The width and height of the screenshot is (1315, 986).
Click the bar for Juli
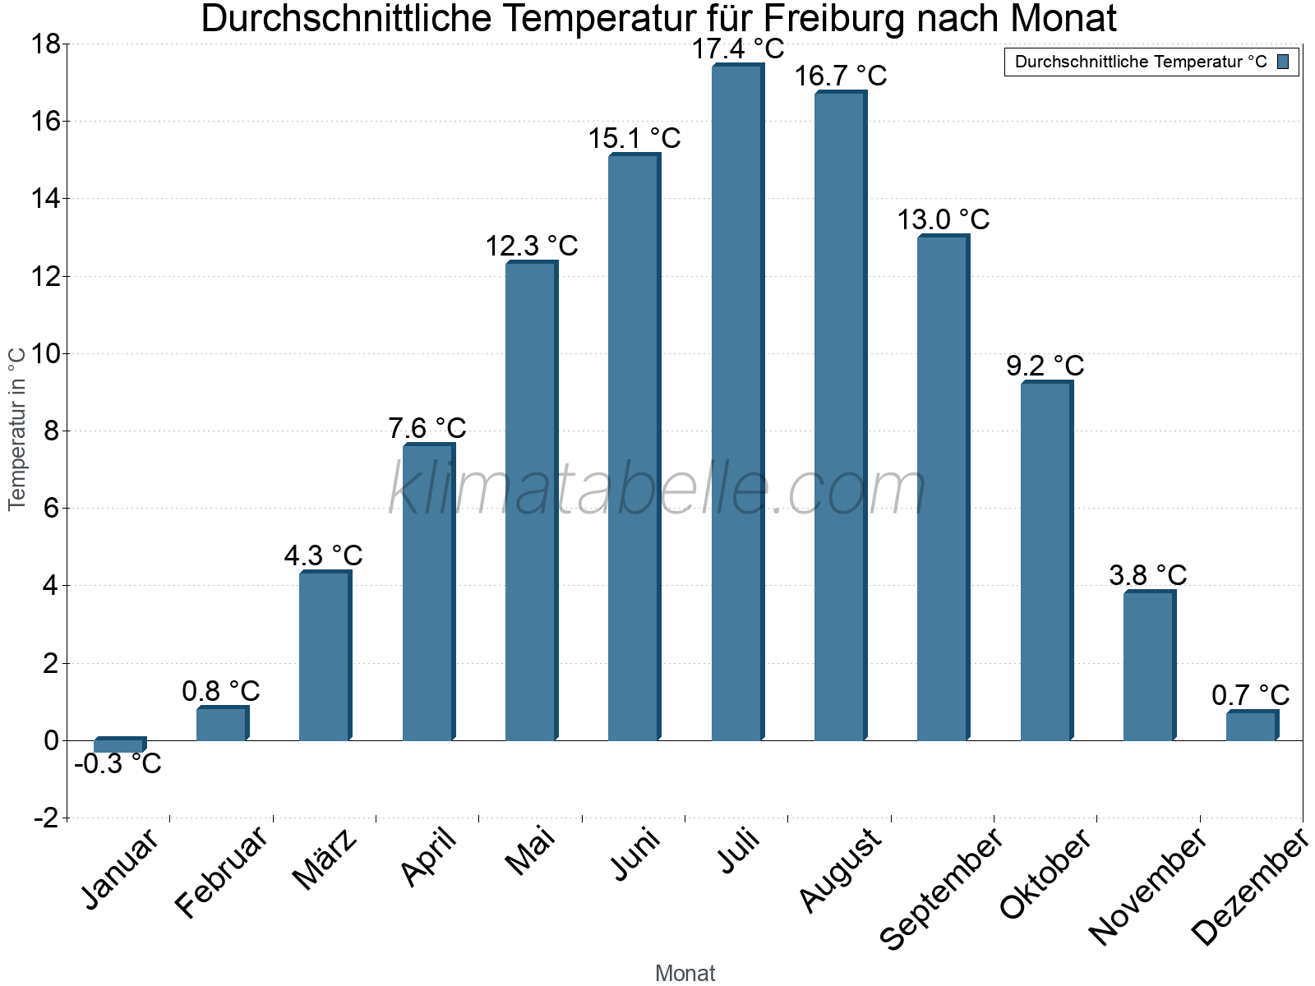click(737, 403)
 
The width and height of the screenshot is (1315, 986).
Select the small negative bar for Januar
click(119, 745)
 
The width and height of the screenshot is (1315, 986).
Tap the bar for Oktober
click(1046, 561)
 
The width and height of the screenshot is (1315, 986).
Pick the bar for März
click(325, 656)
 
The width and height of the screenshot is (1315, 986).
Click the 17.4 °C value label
click(737, 49)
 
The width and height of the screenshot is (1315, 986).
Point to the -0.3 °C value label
click(118, 764)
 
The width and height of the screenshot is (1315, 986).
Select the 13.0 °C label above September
click(944, 219)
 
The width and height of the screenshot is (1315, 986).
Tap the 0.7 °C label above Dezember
click(1251, 695)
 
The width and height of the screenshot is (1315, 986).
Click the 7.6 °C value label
click(427, 428)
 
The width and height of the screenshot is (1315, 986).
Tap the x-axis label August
click(840, 869)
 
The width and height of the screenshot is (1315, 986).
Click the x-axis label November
click(1148, 886)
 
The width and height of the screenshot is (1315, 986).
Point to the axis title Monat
click(685, 974)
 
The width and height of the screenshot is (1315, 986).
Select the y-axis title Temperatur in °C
click(18, 428)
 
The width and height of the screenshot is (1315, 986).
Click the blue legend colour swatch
click(1283, 62)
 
